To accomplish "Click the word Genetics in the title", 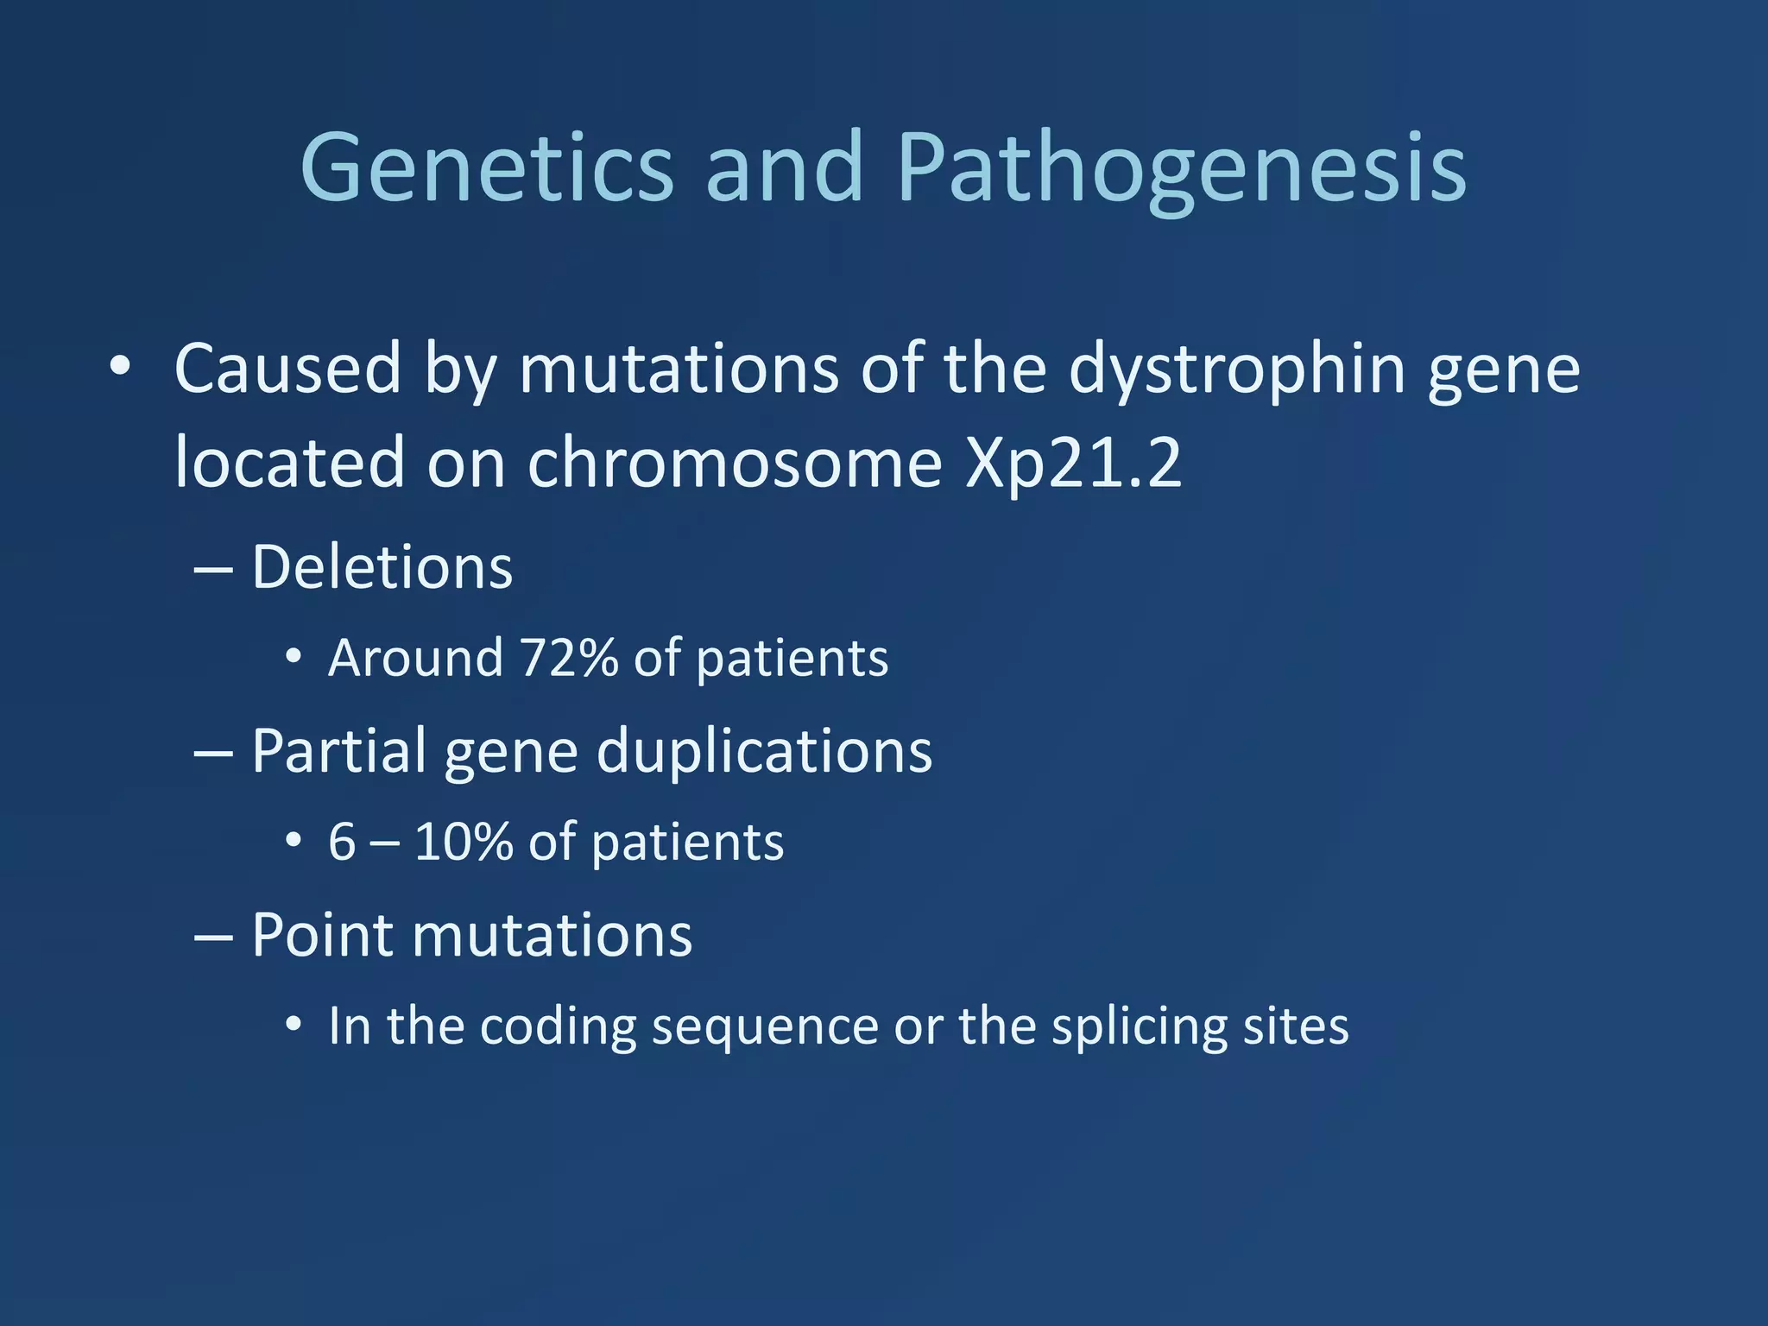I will (486, 168).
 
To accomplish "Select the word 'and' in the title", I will (784, 168).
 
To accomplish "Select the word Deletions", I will (382, 568).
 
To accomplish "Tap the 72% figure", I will (569, 658).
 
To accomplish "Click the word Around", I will (416, 658).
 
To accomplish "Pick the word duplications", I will (764, 751).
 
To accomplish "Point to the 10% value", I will (464, 842).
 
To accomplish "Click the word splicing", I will (1139, 1027).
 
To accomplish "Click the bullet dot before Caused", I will (120, 368).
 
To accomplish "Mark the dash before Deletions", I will (213, 571).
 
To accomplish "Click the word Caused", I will (287, 369).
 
